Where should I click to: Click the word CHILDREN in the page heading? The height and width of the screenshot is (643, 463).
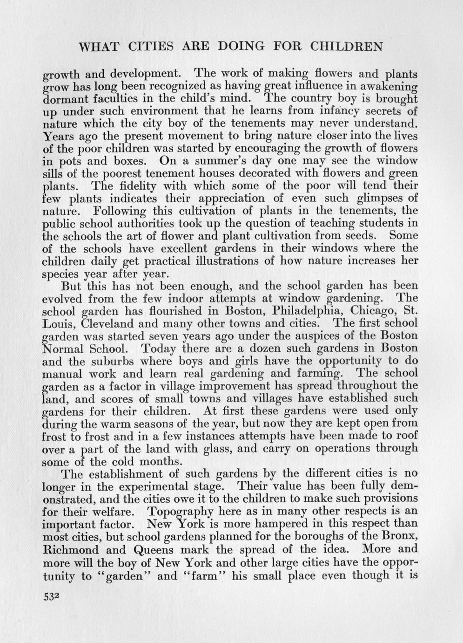pyautogui.click(x=347, y=47)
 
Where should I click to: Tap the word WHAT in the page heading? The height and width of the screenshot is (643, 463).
pyautogui.click(x=97, y=47)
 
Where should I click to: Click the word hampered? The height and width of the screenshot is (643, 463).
pyautogui.click(x=263, y=524)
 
